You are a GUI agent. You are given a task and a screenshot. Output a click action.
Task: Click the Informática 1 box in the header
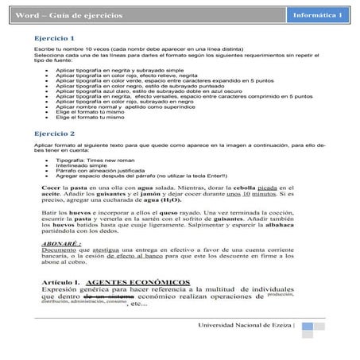click(319, 16)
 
